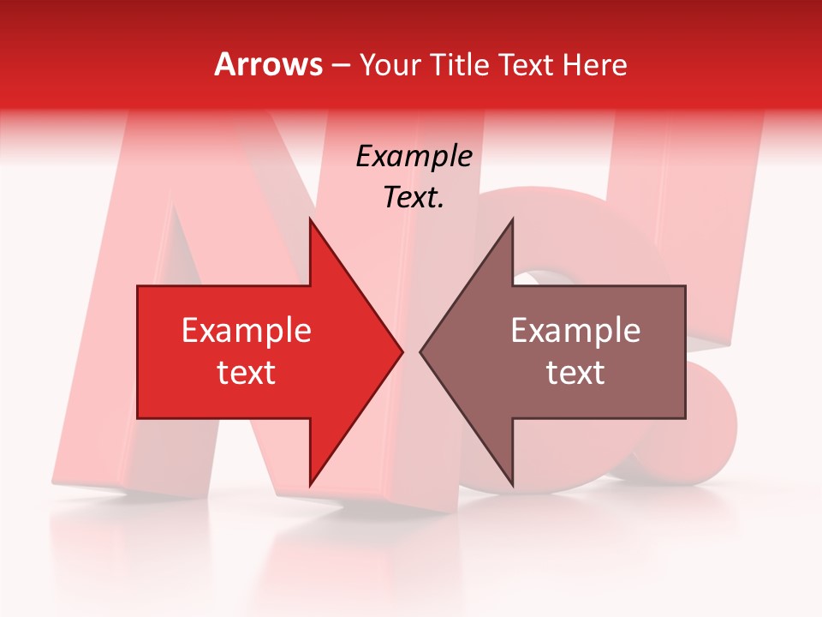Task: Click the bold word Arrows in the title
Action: (x=269, y=64)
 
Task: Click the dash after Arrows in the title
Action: (x=341, y=65)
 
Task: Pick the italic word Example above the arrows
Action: (x=414, y=157)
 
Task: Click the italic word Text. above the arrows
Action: (x=414, y=197)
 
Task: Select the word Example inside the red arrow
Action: (x=246, y=331)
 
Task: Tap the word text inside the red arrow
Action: (x=246, y=373)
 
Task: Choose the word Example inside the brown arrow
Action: (x=575, y=331)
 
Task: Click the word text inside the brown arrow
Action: (x=575, y=373)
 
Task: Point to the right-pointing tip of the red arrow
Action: (x=402, y=352)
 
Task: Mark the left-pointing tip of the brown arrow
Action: (x=421, y=352)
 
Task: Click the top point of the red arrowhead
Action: (x=310, y=220)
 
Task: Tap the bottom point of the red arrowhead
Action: (x=310, y=484)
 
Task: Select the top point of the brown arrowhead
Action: (x=512, y=220)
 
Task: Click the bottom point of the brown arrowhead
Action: (x=512, y=484)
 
